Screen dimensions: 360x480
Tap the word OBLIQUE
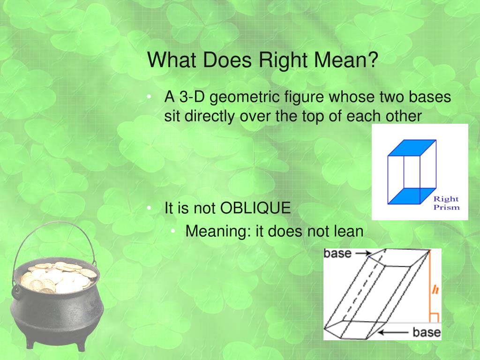coord(255,208)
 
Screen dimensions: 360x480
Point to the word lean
coord(349,232)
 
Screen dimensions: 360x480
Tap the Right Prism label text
coord(446,203)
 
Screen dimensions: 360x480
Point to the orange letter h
coord(435,290)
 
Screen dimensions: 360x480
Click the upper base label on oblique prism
coord(337,254)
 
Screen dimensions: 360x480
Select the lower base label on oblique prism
coord(427,332)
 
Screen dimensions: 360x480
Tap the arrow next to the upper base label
coord(362,253)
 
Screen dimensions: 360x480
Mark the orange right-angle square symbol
coord(434,318)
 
